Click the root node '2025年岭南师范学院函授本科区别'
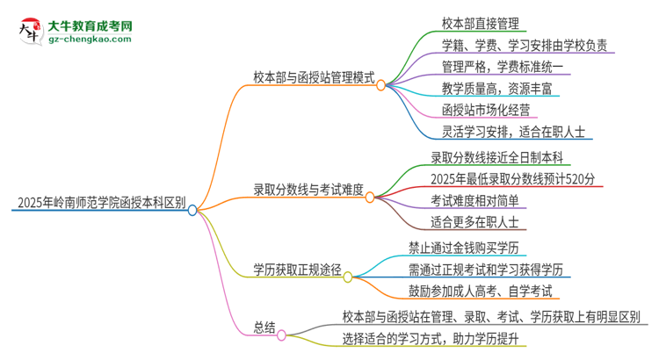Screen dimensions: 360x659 pos(99,205)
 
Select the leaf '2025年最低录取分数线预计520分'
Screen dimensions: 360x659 pos(514,179)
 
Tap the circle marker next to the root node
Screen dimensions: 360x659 pos(192,210)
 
